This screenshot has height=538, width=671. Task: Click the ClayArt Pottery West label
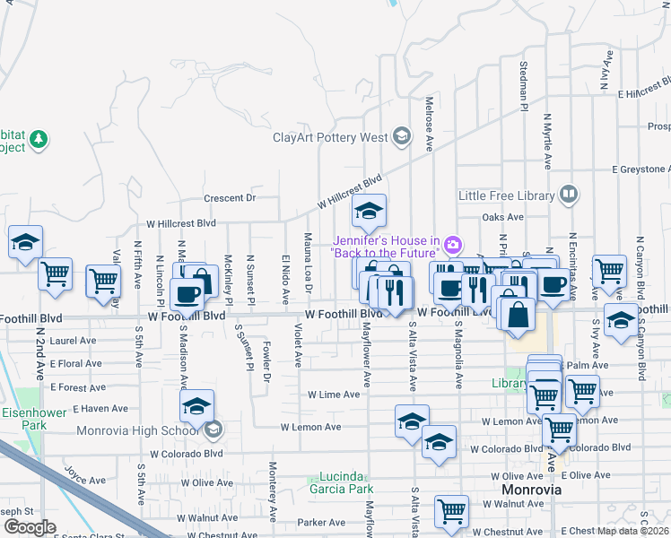click(x=330, y=137)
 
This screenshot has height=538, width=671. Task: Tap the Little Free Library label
click(x=508, y=195)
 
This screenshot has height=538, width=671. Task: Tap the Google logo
click(x=30, y=527)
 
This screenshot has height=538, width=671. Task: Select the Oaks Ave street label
click(x=502, y=217)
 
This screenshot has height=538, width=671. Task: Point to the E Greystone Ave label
click(x=640, y=169)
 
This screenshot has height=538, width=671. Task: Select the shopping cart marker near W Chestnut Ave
click(x=451, y=511)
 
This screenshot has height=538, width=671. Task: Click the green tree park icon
click(x=38, y=139)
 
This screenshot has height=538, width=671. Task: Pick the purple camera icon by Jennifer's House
click(x=453, y=243)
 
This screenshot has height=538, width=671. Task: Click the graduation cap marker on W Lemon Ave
click(x=412, y=421)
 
